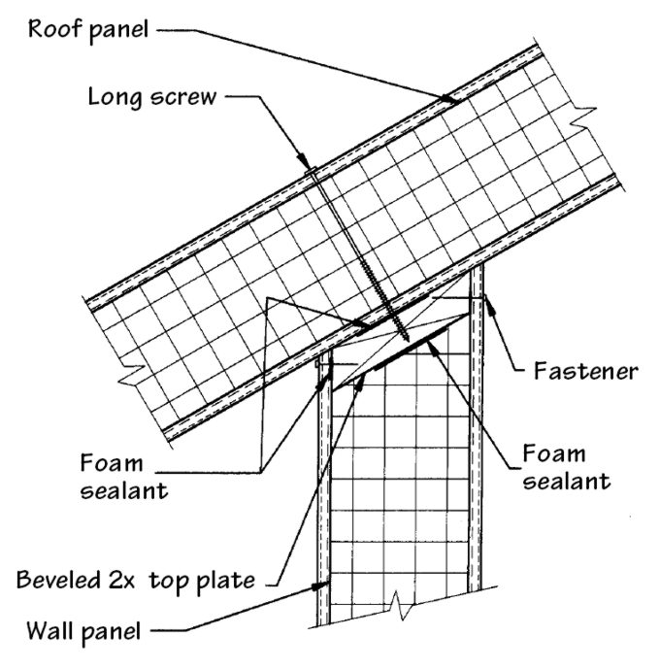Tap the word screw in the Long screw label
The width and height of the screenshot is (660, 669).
182,97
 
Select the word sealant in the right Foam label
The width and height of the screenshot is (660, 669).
567,480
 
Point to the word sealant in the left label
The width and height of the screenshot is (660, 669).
124,490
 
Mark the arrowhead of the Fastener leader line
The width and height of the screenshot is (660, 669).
485,296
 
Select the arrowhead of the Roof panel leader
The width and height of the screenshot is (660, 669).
448,99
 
